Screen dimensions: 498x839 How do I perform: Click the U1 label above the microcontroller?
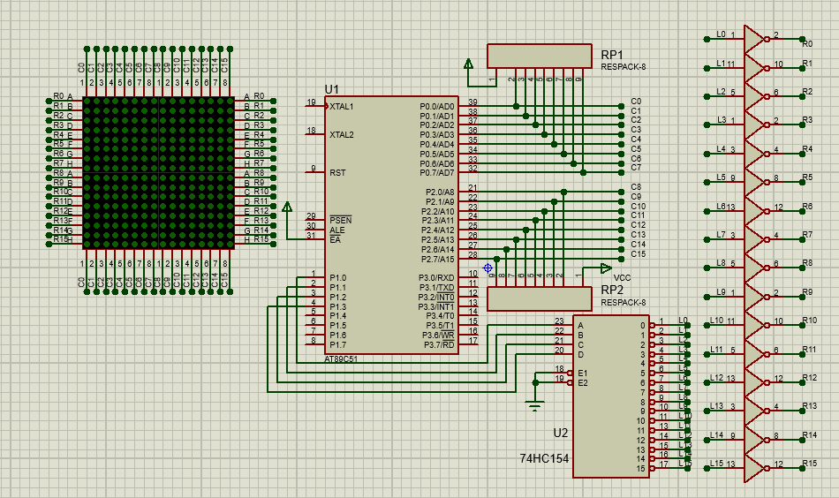[332, 89]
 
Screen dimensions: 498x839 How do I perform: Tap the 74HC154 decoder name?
[543, 459]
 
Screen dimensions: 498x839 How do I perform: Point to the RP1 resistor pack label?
[612, 54]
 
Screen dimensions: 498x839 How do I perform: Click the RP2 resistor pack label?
[612, 290]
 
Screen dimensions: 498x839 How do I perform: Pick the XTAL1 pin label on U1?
[342, 107]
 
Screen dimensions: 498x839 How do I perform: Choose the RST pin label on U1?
[337, 173]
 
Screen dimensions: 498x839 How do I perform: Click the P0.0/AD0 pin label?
[438, 107]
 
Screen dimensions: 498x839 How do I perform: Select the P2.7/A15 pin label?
[438, 260]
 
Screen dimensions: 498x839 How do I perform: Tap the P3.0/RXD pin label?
[438, 278]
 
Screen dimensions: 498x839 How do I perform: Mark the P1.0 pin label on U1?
[338, 278]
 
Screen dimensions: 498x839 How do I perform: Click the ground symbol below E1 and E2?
[534, 405]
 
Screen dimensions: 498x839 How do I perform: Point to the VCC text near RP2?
[622, 278]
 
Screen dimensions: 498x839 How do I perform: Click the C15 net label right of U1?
[638, 254]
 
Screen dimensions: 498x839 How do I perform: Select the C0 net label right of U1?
[636, 102]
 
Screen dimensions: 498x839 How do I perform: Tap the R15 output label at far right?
[809, 464]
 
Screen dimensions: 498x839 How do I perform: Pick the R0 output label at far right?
[807, 41]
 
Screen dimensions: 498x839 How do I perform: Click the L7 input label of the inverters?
[721, 235]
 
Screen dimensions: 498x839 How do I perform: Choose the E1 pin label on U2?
[583, 373]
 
